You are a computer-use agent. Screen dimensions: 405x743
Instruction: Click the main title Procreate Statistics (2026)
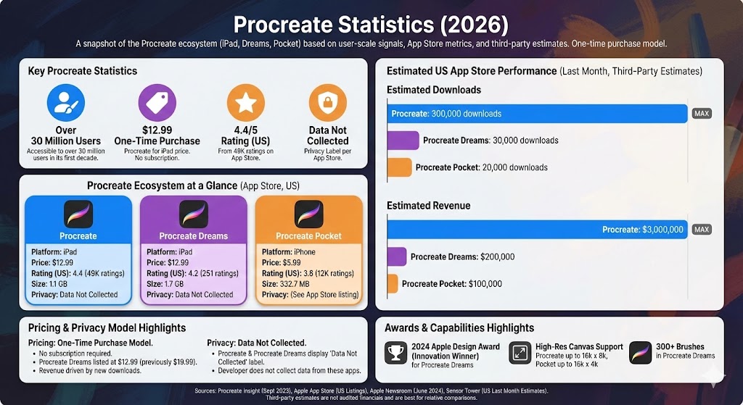(x=371, y=25)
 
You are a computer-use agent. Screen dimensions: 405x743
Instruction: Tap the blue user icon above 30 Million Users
(x=66, y=103)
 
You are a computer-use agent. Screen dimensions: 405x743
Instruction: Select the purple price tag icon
(x=157, y=103)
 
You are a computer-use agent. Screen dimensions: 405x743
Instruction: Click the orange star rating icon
(x=245, y=103)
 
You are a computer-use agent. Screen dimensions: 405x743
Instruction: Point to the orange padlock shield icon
(x=327, y=103)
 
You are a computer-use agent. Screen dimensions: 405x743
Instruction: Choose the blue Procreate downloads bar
(x=537, y=114)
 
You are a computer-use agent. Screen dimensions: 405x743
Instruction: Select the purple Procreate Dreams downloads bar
(x=403, y=141)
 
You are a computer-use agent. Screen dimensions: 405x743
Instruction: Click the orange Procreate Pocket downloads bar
(x=399, y=167)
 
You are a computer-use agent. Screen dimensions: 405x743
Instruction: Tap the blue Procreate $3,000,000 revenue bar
(x=537, y=230)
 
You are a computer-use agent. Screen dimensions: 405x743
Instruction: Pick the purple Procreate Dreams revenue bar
(x=396, y=256)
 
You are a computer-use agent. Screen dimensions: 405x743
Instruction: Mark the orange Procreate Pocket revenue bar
(x=393, y=283)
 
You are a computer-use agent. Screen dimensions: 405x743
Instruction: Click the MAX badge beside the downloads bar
(x=702, y=114)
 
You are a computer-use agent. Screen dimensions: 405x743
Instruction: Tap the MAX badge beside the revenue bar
(x=702, y=230)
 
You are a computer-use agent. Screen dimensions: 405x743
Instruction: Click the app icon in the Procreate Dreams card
(x=193, y=214)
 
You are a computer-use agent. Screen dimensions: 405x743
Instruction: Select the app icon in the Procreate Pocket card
(x=308, y=214)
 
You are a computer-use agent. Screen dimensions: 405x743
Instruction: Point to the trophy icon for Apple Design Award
(x=396, y=353)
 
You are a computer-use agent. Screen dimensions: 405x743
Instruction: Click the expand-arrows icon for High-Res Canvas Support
(x=520, y=353)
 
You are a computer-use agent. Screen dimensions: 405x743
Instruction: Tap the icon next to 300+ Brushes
(x=640, y=353)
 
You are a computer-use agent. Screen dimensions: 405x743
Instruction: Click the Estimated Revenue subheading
(x=428, y=206)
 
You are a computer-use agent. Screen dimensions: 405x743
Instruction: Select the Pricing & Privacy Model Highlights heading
(x=107, y=328)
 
